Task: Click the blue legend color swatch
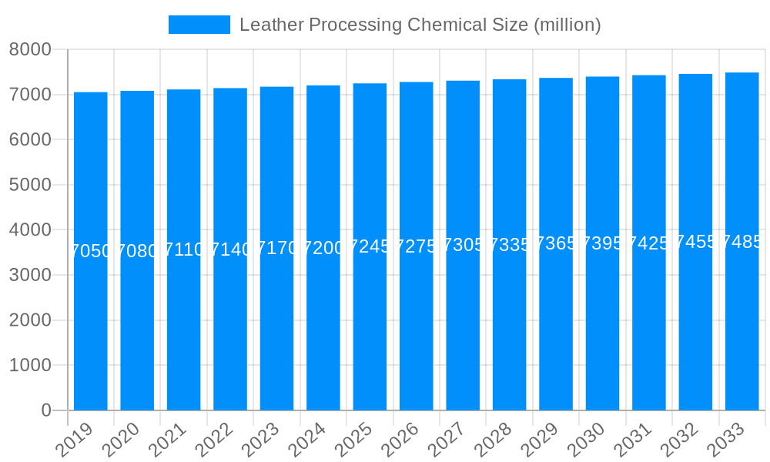pyautogui.click(x=199, y=25)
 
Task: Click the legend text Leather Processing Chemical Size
pyautogui.click(x=420, y=25)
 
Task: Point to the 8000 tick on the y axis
pyautogui.click(x=30, y=50)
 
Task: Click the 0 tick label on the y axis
pyautogui.click(x=45, y=410)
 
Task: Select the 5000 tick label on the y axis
pyautogui.click(x=30, y=185)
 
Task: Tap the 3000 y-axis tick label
pyautogui.click(x=30, y=275)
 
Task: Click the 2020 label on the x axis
pyautogui.click(x=120, y=440)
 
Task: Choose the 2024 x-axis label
pyautogui.click(x=306, y=440)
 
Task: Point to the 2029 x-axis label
pyautogui.click(x=539, y=440)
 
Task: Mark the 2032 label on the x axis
pyautogui.click(x=678, y=440)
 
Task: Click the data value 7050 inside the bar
pyautogui.click(x=91, y=251)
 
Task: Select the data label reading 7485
pyautogui.click(x=742, y=242)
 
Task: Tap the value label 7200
pyautogui.click(x=323, y=248)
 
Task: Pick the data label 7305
pyautogui.click(x=463, y=246)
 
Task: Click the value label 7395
pyautogui.click(x=602, y=243)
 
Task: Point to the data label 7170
pyautogui.click(x=276, y=249)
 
